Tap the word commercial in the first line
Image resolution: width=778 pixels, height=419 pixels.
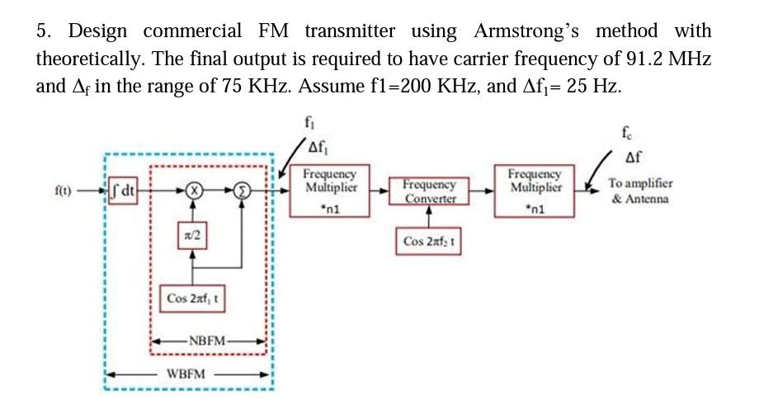[x=192, y=31]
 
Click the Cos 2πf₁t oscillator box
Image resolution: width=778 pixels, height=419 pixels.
[x=193, y=298]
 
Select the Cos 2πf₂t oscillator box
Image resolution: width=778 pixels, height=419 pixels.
[x=430, y=242]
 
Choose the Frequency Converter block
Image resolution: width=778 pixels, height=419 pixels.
[x=429, y=191]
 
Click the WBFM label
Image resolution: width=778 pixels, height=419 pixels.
[x=186, y=374]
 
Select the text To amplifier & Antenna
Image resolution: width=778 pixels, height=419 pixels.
[x=639, y=191]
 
